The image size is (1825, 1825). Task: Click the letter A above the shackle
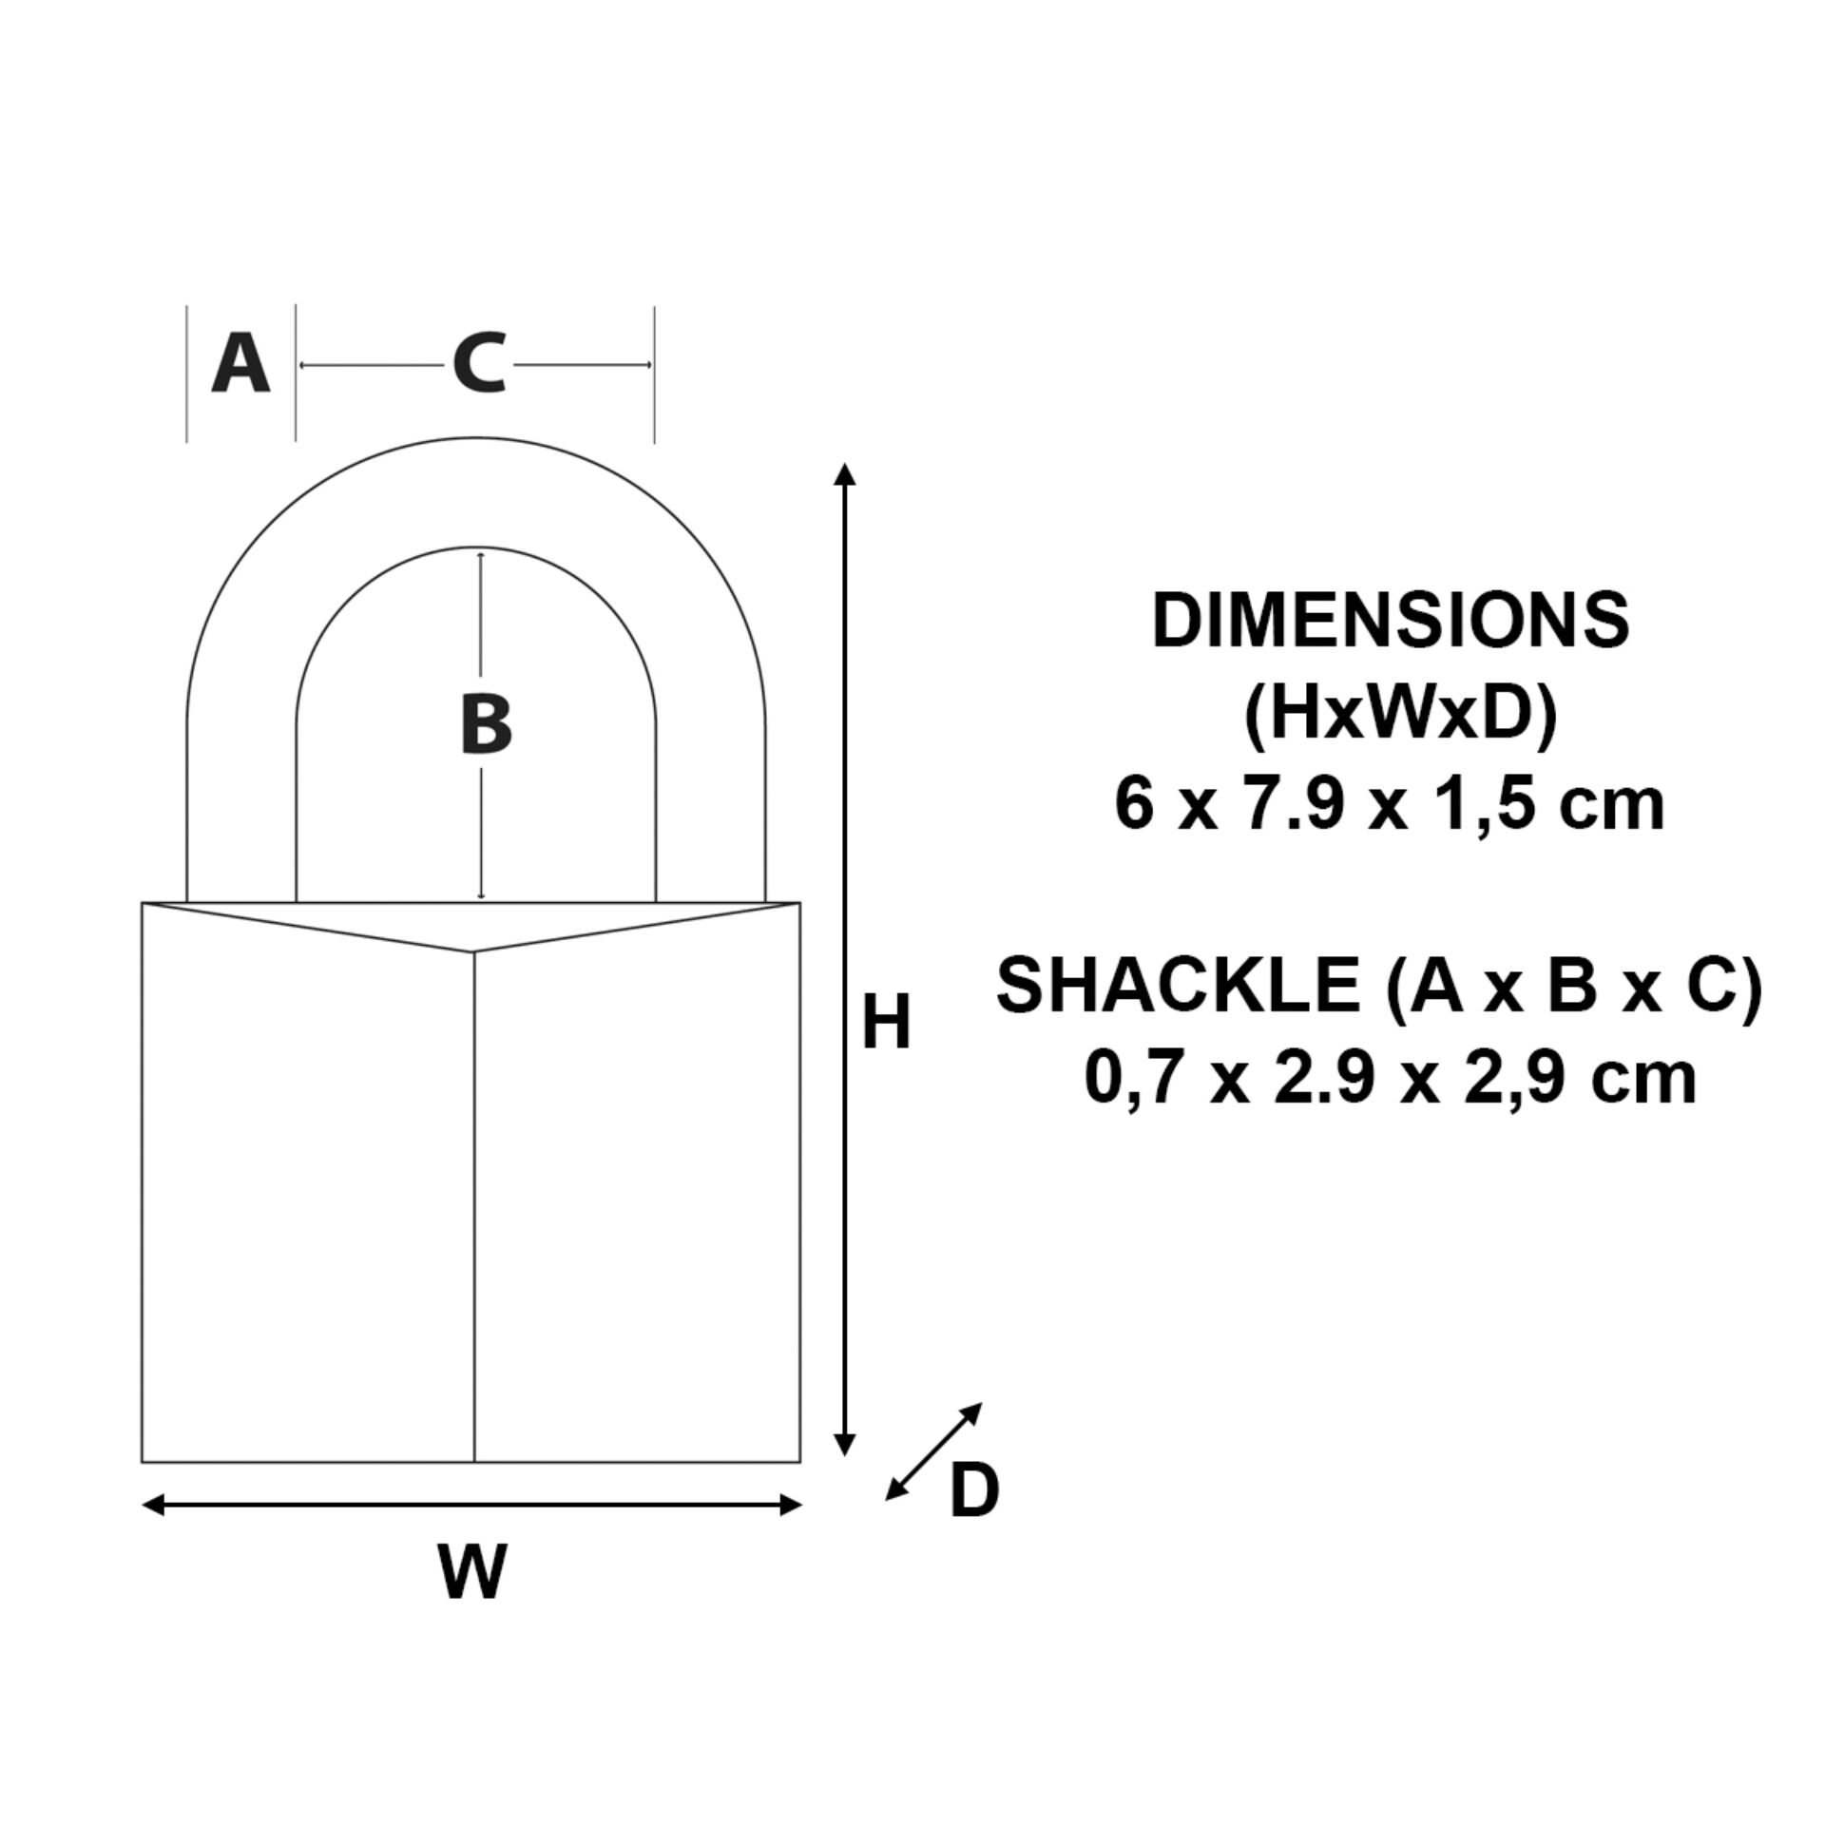[x=240, y=364]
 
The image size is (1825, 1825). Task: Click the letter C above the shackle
[x=478, y=364]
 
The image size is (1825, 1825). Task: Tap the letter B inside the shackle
[x=486, y=725]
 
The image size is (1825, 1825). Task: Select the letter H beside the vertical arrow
[x=886, y=1023]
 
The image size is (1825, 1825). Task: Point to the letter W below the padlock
[x=472, y=1572]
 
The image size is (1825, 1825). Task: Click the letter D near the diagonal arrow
[x=974, y=1491]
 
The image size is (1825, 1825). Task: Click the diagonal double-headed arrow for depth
[x=933, y=1451]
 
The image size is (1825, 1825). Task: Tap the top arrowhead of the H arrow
[x=845, y=473]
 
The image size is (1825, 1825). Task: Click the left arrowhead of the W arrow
[x=153, y=1505]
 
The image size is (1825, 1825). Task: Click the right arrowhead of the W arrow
[x=791, y=1505]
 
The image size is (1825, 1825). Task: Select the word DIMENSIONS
[x=1391, y=621]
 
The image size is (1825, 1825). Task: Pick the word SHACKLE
[x=1178, y=985]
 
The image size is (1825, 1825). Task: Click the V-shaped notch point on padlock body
[x=473, y=951]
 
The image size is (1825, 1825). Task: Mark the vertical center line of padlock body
[x=473, y=1207]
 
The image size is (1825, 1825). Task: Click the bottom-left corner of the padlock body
[x=143, y=1461]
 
